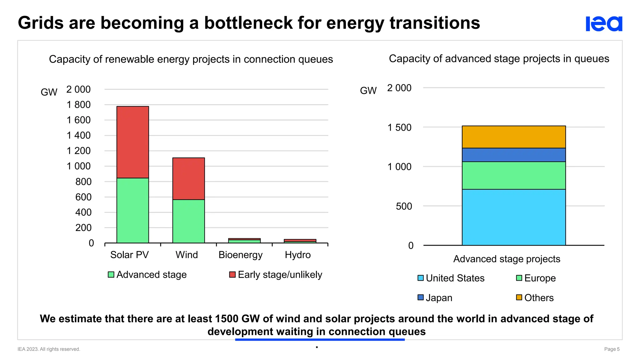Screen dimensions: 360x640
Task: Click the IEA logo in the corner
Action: (603, 24)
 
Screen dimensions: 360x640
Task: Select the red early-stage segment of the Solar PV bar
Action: (132, 142)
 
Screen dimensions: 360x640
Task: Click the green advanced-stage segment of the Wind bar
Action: (188, 221)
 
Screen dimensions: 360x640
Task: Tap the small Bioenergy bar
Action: (244, 241)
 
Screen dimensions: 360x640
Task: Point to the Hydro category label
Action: (297, 255)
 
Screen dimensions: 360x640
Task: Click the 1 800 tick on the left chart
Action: (78, 105)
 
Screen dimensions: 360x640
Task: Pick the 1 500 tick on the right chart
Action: (399, 127)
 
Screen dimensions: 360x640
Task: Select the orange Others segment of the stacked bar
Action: (513, 137)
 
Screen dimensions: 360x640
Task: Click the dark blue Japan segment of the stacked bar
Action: (513, 155)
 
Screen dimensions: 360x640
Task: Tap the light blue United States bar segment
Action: (513, 217)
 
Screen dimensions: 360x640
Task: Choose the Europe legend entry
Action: (536, 278)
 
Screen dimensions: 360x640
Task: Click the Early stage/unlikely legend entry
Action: (276, 275)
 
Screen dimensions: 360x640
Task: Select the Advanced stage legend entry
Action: (147, 275)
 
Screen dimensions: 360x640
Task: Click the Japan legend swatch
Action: (421, 297)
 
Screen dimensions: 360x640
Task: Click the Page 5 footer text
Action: (612, 349)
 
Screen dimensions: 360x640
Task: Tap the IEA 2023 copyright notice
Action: (49, 349)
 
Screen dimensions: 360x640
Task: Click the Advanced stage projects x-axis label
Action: (507, 259)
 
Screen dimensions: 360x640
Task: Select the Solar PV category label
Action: (129, 255)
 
